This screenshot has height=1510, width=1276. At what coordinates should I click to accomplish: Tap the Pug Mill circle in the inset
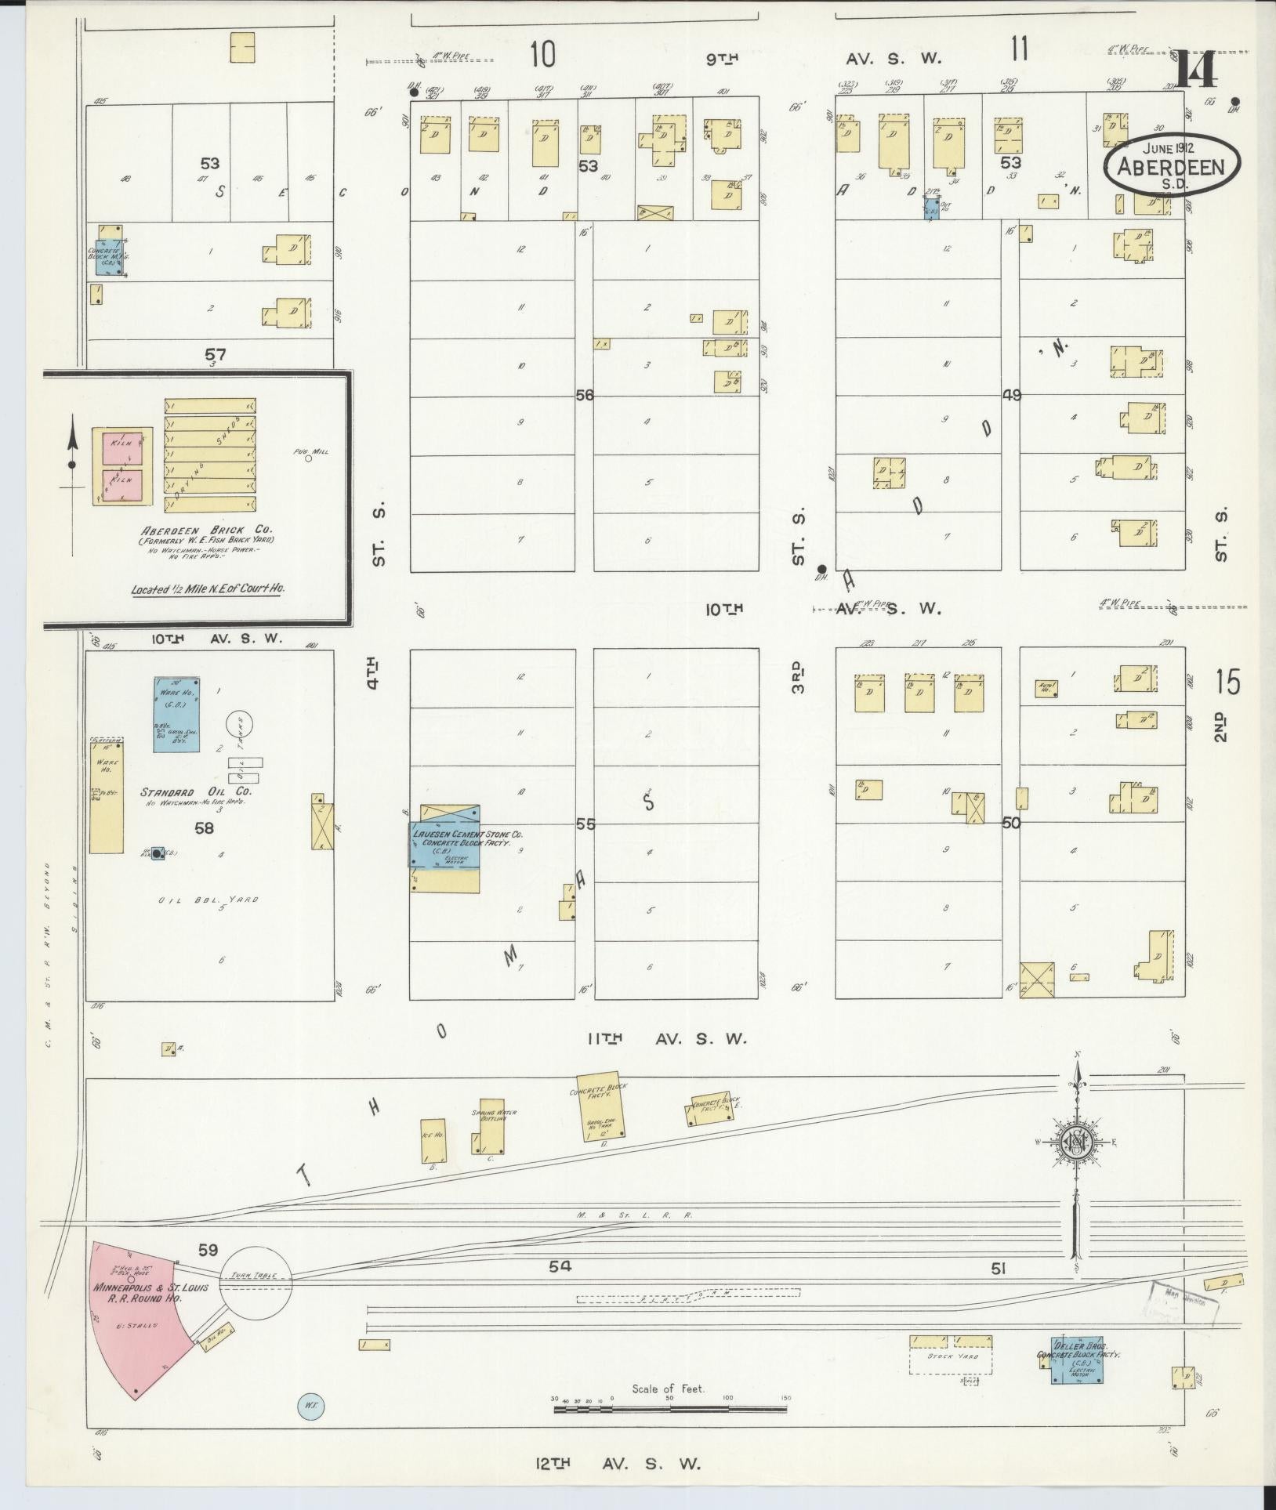[308, 459]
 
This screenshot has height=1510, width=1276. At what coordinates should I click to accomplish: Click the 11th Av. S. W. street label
[665, 1038]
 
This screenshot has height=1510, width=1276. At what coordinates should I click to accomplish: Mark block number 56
[585, 395]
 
